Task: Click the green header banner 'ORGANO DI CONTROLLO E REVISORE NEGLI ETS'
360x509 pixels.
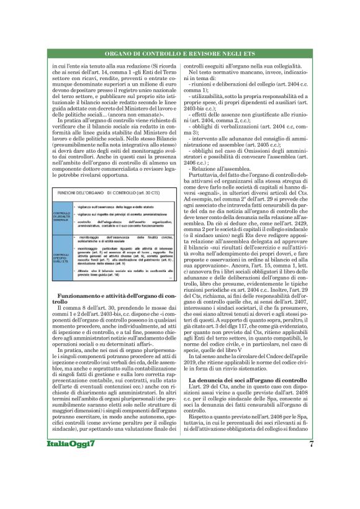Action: pos(179,54)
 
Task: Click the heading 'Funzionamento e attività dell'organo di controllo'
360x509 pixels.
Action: pos(112,298)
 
